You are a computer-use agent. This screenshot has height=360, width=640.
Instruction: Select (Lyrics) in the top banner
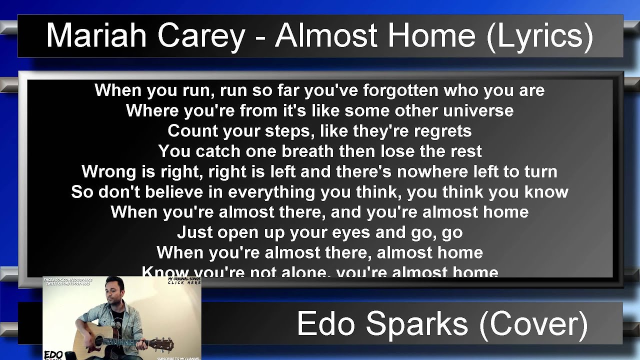pyautogui.click(x=539, y=36)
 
